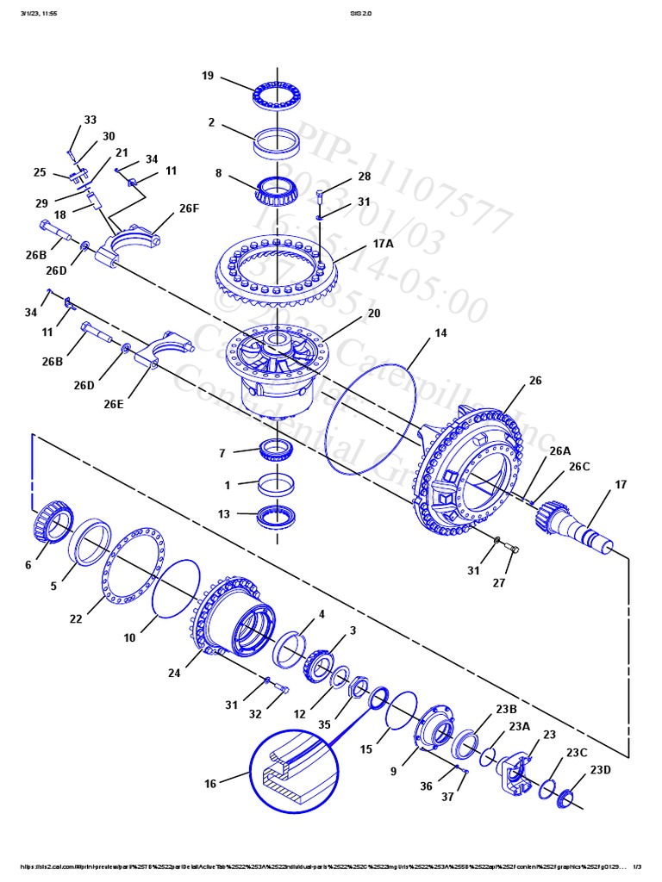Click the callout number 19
pyautogui.click(x=208, y=76)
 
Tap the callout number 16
pyautogui.click(x=210, y=783)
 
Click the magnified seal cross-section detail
pyautogui.click(x=294, y=769)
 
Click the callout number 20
pyautogui.click(x=373, y=314)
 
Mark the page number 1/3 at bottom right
pyautogui.click(x=638, y=866)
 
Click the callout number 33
pyautogui.click(x=91, y=120)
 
